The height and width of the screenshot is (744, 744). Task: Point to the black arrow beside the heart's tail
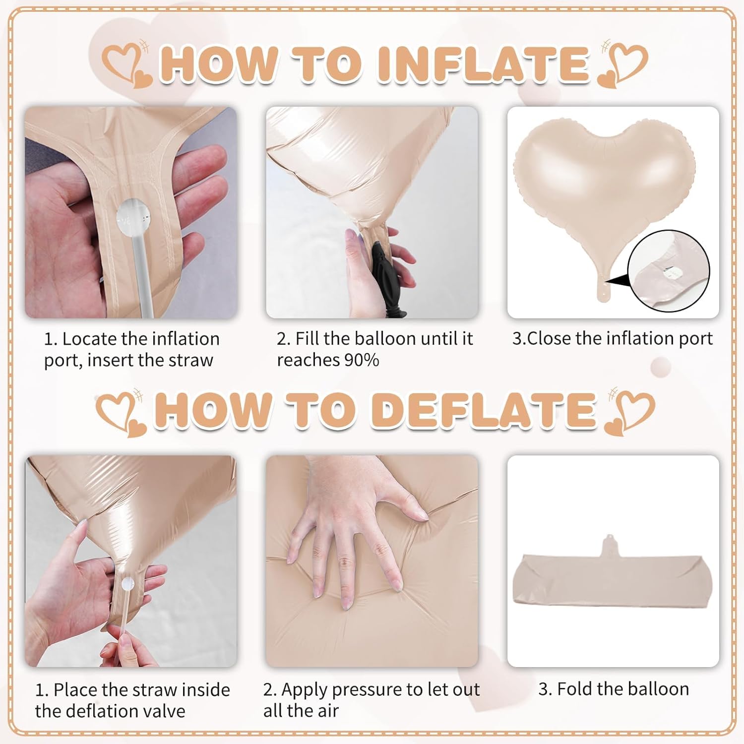pyautogui.click(x=617, y=282)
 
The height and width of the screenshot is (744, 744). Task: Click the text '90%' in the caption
pyautogui.click(x=362, y=360)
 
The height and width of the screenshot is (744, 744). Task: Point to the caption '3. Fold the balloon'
pyautogui.click(x=614, y=689)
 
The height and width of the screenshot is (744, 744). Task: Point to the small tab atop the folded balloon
pyautogui.click(x=611, y=546)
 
